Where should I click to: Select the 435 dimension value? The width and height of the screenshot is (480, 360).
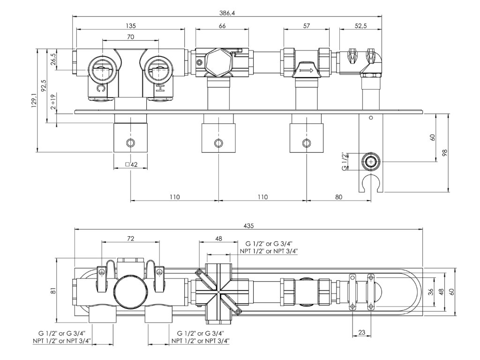coord(249,225)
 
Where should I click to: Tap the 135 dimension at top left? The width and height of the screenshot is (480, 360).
coord(130,26)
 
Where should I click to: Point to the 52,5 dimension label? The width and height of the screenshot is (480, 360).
coord(360,26)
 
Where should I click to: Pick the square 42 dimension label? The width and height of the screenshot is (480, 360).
coord(131,165)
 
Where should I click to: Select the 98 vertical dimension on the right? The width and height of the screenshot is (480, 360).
coord(445,152)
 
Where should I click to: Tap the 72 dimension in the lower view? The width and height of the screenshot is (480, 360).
coord(131,239)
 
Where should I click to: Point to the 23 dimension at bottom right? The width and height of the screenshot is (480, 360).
coord(361,332)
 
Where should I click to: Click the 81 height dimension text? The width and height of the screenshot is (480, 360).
coord(52,291)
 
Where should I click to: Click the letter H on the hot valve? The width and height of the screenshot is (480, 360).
coord(159,88)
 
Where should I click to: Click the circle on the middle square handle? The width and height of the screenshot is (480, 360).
coord(217,143)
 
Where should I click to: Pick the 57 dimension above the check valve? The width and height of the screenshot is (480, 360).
coord(307,26)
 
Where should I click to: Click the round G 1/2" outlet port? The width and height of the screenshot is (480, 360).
coord(371,162)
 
